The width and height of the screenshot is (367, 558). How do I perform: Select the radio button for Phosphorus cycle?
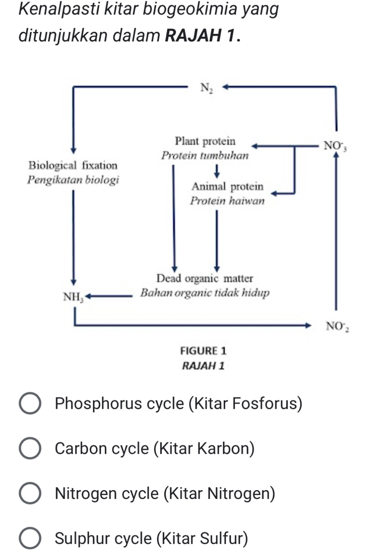click(x=30, y=404)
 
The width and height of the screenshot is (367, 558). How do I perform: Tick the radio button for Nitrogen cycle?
click(x=30, y=494)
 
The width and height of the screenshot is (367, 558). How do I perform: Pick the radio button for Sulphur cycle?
click(x=30, y=539)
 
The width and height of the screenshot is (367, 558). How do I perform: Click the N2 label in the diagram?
click(x=206, y=89)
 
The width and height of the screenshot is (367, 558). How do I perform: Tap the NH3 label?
click(x=73, y=298)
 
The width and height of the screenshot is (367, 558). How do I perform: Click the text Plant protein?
click(x=206, y=141)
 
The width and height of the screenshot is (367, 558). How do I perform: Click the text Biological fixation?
click(x=72, y=165)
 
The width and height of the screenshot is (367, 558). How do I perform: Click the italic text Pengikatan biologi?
click(x=72, y=180)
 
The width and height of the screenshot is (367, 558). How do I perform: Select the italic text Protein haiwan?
click(x=227, y=201)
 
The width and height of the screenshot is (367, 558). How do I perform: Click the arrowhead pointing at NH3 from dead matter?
click(x=87, y=297)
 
